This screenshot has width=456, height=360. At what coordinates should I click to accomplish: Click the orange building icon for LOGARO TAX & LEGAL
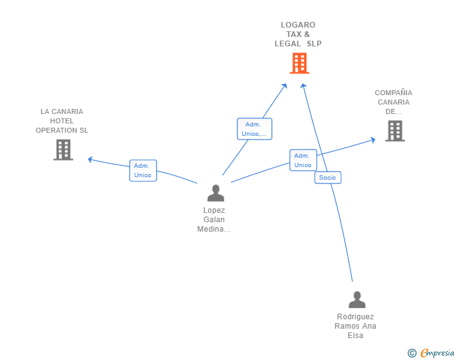click(299, 63)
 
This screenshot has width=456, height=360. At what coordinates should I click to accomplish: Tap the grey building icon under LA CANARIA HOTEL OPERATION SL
click(63, 150)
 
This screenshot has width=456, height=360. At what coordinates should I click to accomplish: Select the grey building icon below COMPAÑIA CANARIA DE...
click(395, 131)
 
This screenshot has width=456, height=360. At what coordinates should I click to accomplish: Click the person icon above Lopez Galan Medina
click(215, 193)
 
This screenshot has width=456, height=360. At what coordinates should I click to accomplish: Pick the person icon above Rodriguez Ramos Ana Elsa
click(357, 299)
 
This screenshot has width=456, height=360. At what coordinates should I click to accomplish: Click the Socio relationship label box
click(328, 177)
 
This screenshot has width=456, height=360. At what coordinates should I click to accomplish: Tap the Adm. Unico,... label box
click(254, 129)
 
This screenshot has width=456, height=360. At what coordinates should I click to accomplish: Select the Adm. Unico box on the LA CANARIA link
click(143, 170)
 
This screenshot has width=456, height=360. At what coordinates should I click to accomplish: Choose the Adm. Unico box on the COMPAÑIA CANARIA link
click(303, 160)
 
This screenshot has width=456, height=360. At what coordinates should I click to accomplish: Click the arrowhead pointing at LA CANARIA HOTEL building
click(90, 160)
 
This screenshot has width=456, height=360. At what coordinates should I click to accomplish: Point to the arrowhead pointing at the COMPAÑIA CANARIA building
click(373, 140)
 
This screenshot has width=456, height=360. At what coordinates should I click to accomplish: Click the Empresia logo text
click(437, 352)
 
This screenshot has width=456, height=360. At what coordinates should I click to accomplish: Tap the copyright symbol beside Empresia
click(412, 353)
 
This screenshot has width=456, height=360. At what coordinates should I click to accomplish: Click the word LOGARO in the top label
click(298, 25)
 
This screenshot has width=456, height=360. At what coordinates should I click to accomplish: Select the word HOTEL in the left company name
click(61, 121)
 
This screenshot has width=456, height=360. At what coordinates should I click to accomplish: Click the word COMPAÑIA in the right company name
click(393, 93)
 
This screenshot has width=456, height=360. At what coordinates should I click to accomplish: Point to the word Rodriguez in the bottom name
click(355, 317)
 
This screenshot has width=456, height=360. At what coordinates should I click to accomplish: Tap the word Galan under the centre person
click(214, 220)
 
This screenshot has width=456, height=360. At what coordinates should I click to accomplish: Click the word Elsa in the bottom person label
click(355, 336)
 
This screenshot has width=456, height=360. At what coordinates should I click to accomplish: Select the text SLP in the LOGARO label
click(314, 44)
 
